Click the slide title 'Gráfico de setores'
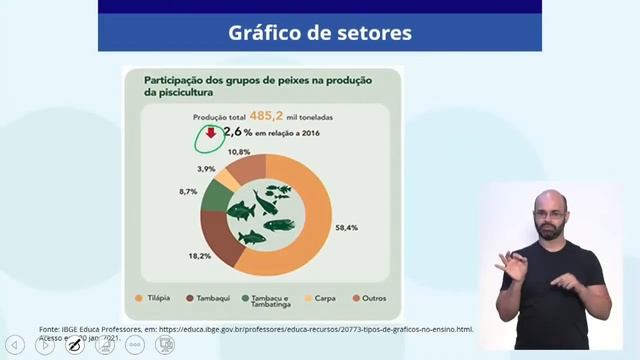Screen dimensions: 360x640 (x=319, y=32)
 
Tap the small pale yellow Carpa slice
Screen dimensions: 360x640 (x=229, y=176)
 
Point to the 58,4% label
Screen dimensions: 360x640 (x=346, y=228)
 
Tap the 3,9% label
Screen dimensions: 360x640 (x=207, y=168)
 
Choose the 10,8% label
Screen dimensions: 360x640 (x=239, y=151)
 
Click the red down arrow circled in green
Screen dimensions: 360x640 (x=211, y=133)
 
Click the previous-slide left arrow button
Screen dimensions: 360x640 (x=15, y=345)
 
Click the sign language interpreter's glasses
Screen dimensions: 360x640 (x=548, y=213)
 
